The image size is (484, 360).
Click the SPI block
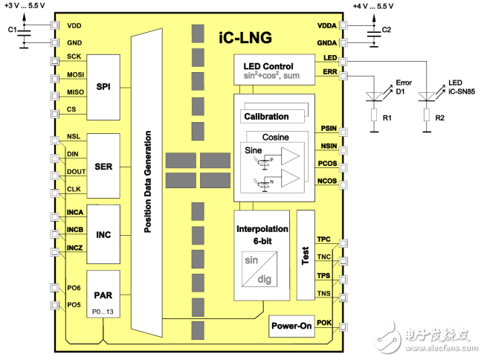[x=103, y=87]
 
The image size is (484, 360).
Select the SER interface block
[x=103, y=166]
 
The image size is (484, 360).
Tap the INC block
[x=103, y=234]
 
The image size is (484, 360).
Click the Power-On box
[x=290, y=326]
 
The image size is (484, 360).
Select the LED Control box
[x=273, y=70]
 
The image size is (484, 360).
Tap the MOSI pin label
[x=75, y=74]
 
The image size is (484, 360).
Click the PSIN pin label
[x=329, y=129]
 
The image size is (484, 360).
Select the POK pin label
[x=324, y=322]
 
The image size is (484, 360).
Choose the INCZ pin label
[x=75, y=246]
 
